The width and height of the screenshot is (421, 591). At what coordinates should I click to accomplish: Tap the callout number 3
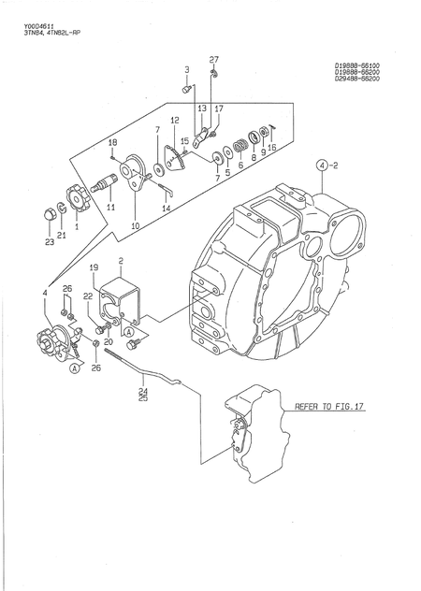tap(186, 70)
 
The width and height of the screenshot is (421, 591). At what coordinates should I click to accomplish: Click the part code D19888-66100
tap(362, 65)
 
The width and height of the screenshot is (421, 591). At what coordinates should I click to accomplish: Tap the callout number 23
tap(49, 242)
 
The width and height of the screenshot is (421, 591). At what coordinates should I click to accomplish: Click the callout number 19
tap(94, 268)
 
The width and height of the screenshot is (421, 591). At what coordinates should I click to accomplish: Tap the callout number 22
tap(87, 296)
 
